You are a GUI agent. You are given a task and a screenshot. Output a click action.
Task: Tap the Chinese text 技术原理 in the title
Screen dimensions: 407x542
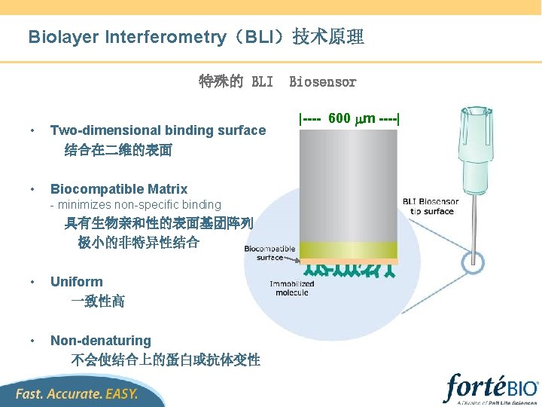328,37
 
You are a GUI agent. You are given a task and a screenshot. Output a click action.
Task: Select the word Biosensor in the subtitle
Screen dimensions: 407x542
322,81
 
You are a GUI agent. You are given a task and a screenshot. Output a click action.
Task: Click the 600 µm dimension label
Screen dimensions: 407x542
350,118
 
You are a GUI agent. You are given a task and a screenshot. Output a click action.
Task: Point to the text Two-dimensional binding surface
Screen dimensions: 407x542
157,130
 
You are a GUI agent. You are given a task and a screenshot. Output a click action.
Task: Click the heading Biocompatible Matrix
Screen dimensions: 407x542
118,189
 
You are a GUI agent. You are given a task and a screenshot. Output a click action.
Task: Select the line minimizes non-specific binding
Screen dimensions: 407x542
135,204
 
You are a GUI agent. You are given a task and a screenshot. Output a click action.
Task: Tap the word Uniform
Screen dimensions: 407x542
76,282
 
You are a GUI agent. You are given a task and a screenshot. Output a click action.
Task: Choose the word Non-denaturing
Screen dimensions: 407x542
100,341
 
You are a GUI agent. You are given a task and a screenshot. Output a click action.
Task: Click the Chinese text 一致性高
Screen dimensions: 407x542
98,301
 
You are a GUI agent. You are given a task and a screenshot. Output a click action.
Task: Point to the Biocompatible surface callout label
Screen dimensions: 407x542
269,252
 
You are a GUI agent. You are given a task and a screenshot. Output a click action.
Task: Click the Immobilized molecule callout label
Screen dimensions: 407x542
292,288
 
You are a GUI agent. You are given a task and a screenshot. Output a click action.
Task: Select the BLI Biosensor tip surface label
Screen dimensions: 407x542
431,206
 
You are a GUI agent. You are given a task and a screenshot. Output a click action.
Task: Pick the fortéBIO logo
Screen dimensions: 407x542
492,388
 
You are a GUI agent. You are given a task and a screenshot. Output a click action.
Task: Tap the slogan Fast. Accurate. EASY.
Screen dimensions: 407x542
78,393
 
